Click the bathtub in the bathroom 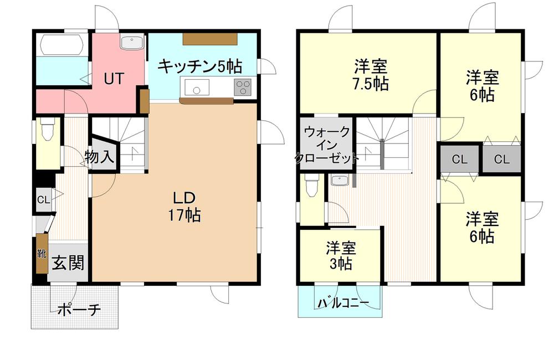[62, 45]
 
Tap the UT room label [114, 79]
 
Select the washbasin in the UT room [132, 43]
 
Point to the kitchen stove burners [243, 87]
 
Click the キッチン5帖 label [200, 66]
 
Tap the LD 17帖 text [184, 207]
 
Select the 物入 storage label [100, 157]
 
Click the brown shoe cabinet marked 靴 [42, 253]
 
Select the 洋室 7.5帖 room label [371, 75]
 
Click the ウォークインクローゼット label [327, 145]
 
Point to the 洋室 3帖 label [341, 255]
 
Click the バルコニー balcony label [343, 303]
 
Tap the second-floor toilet [311, 186]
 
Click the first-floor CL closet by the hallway [44, 200]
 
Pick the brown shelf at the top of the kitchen [210, 39]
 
